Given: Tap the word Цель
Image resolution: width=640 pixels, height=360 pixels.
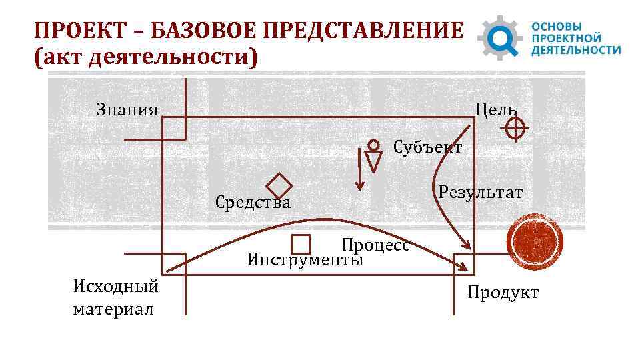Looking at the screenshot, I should point(495,109).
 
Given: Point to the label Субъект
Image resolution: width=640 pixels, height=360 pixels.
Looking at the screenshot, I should point(427,147).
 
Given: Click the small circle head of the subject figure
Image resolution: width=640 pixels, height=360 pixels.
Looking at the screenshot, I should point(374,144).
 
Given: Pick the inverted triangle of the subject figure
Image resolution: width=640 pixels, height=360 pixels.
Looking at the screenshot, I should point(374,161).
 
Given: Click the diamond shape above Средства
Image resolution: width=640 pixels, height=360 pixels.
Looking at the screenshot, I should point(279,186).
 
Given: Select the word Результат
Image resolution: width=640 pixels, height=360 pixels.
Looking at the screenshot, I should point(481,193).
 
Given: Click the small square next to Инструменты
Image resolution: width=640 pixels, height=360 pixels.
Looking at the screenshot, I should point(301,244).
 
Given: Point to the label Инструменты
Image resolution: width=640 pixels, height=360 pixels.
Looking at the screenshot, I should point(305,259).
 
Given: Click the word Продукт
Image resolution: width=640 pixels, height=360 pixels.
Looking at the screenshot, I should point(503,293).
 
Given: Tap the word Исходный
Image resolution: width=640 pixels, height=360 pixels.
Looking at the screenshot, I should point(115,287).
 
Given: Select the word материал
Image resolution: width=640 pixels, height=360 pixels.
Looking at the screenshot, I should point(113,309).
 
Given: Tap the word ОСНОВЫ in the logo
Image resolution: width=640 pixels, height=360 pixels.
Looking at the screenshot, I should point(552,25).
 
